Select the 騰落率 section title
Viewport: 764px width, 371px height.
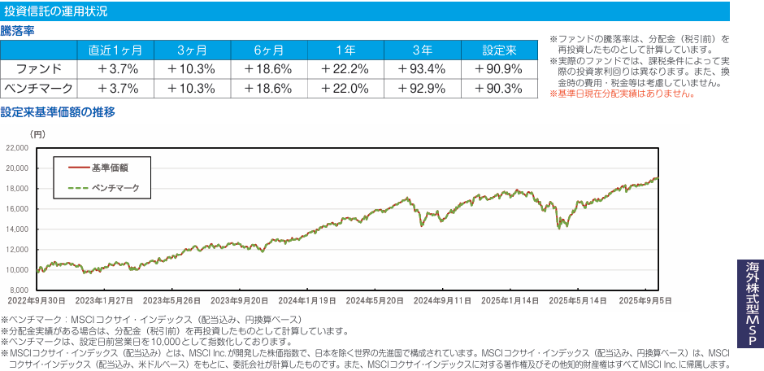click(x=17, y=31)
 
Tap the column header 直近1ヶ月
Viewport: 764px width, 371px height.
click(x=115, y=49)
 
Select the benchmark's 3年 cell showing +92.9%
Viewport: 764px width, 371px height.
click(x=422, y=88)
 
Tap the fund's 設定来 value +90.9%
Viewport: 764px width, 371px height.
click(x=498, y=68)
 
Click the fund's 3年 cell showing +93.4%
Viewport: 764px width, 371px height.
click(x=422, y=68)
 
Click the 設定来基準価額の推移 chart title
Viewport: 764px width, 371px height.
click(x=59, y=111)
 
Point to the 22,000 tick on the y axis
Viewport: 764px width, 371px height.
click(x=16, y=148)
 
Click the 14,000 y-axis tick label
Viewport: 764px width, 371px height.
click(x=16, y=229)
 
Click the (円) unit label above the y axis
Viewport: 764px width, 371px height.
click(x=38, y=133)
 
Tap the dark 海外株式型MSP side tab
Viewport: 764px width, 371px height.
click(x=751, y=305)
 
